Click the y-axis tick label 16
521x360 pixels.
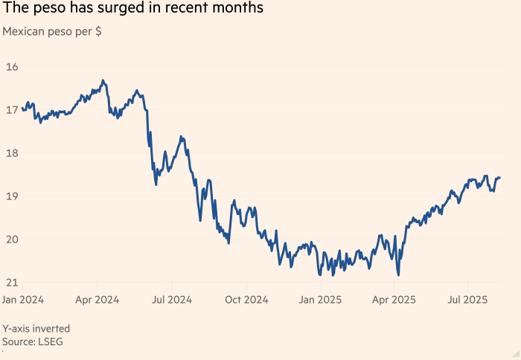coord(11,67)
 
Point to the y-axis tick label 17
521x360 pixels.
coord(11,110)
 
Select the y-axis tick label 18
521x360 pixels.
coord(11,153)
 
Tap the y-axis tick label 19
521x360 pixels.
coord(11,196)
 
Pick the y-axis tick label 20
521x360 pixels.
coord(11,239)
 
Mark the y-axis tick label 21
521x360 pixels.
coord(11,282)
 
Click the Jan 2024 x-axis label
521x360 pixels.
coord(23,300)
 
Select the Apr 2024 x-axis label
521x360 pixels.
coord(98,300)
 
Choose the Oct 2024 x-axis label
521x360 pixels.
coord(246,300)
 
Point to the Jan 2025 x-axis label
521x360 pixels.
coord(320,300)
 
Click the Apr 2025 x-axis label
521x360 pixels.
coord(394,300)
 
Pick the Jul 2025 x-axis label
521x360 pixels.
coord(467,300)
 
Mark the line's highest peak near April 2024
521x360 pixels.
coord(103,80)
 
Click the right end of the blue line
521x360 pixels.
coord(500,177)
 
